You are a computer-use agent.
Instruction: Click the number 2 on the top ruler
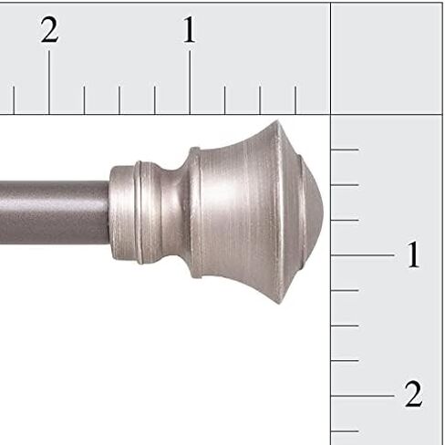(x=49, y=31)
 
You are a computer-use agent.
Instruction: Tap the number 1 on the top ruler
(x=189, y=31)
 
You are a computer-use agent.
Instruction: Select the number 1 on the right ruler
(x=413, y=256)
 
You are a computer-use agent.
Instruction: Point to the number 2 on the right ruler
(x=413, y=396)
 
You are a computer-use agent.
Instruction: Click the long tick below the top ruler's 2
(x=49, y=82)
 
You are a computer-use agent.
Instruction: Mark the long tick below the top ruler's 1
(x=190, y=82)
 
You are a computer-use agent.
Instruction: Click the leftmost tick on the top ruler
(x=14, y=99)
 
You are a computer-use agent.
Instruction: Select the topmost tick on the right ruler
(x=345, y=150)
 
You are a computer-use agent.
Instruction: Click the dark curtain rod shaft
(x=55, y=212)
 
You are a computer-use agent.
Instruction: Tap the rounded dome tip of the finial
(x=313, y=212)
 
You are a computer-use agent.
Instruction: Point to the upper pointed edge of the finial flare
(x=274, y=125)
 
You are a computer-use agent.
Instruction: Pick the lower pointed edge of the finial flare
(x=277, y=298)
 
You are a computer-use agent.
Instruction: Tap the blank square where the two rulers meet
(x=387, y=57)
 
